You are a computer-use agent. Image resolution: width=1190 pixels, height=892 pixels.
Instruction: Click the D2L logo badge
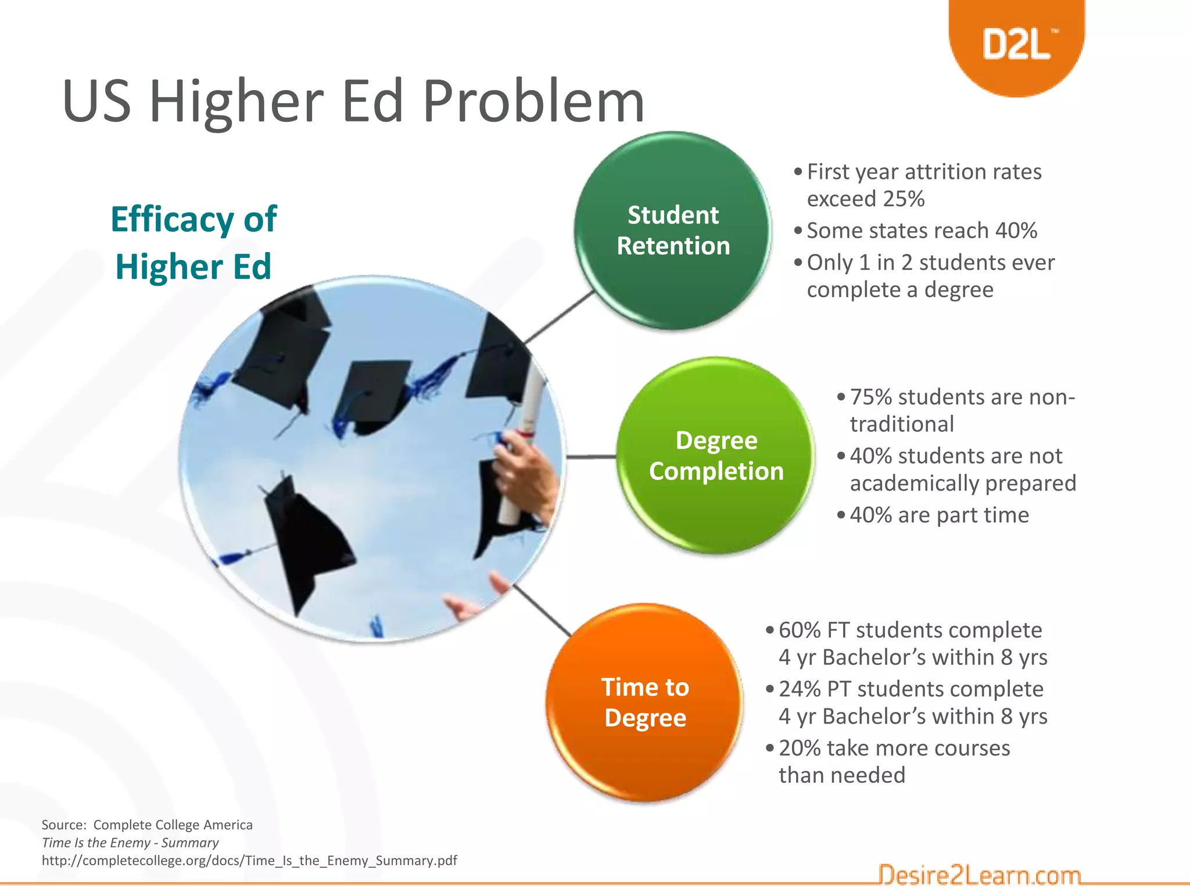[1016, 44]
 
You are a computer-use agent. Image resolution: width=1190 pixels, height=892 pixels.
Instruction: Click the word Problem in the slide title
[533, 102]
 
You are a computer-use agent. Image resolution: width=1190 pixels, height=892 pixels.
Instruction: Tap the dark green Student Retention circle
[673, 231]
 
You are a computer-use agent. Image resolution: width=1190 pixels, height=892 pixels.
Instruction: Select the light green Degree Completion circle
[716, 456]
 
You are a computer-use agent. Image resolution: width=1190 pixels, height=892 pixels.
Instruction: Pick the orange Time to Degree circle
[645, 703]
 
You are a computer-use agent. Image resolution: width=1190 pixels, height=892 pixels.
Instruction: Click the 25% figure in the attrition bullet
[903, 199]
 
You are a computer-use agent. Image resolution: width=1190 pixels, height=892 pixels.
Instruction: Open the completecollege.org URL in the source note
[249, 861]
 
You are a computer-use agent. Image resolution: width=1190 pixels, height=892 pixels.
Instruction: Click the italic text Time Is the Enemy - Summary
[130, 843]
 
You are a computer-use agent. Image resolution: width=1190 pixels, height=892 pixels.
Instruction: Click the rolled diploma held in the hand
[524, 441]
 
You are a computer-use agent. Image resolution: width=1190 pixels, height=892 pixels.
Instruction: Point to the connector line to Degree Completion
[591, 457]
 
